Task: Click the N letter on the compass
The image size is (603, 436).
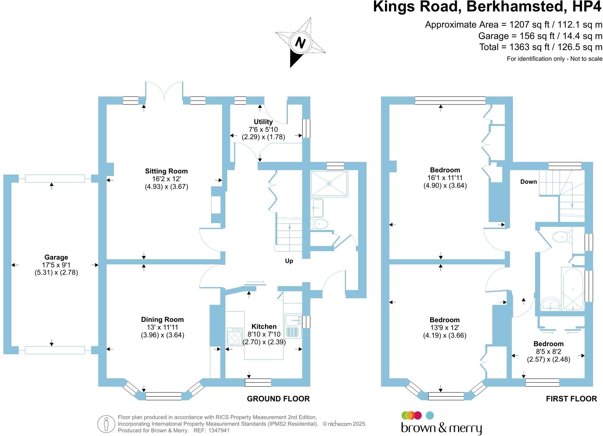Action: pyautogui.click(x=300, y=43)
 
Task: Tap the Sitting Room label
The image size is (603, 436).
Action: pyautogui.click(x=166, y=171)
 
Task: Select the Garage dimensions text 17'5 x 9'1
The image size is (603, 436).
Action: pyautogui.click(x=56, y=265)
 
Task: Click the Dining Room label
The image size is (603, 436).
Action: pyautogui.click(x=162, y=320)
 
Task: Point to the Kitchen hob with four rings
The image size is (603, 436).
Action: pyautogui.click(x=235, y=337)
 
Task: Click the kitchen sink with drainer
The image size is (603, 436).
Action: pyautogui.click(x=293, y=326)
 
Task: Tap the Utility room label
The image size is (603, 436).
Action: pyautogui.click(x=263, y=122)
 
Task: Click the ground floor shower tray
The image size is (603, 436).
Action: pyautogui.click(x=329, y=183)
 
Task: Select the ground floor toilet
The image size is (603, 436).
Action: pyautogui.click(x=320, y=224)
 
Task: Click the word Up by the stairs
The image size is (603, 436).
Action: pyautogui.click(x=289, y=261)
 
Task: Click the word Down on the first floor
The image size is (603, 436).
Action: pyautogui.click(x=528, y=182)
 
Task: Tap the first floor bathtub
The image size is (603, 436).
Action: pyautogui.click(x=572, y=289)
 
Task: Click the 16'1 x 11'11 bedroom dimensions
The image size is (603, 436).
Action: pyautogui.click(x=445, y=177)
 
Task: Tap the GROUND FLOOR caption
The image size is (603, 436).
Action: pyautogui.click(x=278, y=398)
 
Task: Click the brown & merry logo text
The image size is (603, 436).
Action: pyautogui.click(x=441, y=428)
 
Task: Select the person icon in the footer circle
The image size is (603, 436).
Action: pyautogui.click(x=106, y=424)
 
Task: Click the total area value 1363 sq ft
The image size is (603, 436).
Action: pyautogui.click(x=530, y=47)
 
